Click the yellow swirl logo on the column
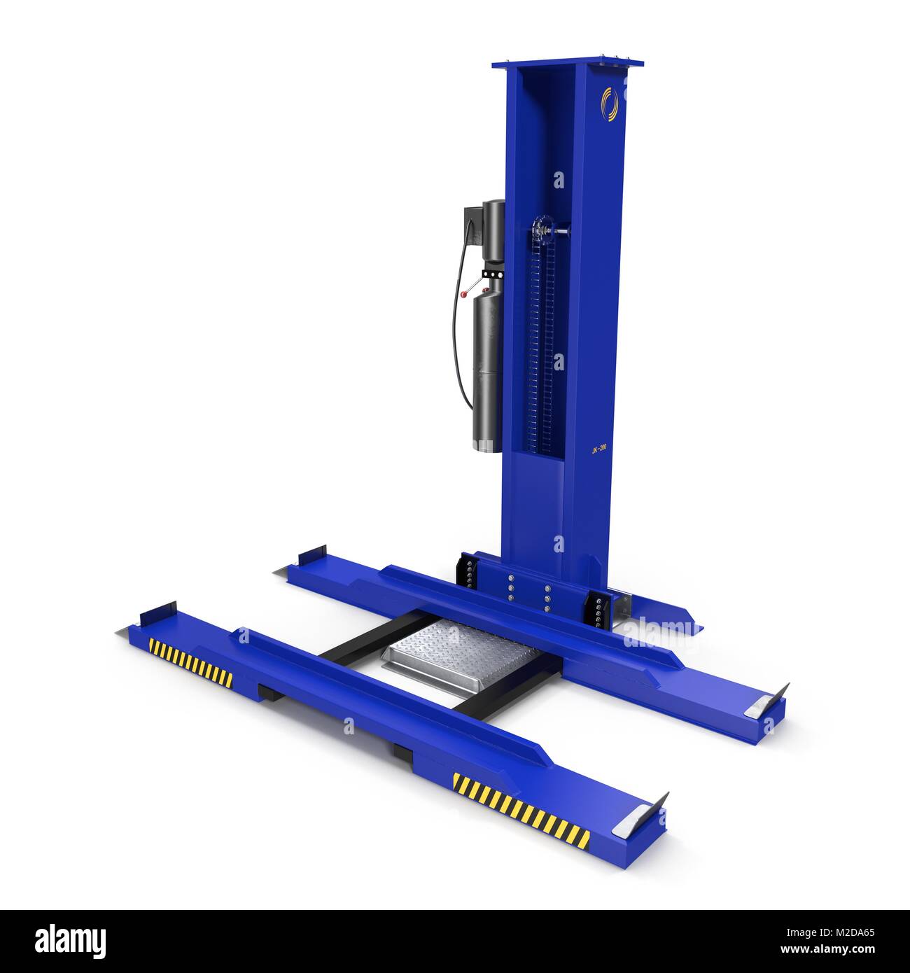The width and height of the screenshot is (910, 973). pyautogui.click(x=610, y=101)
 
